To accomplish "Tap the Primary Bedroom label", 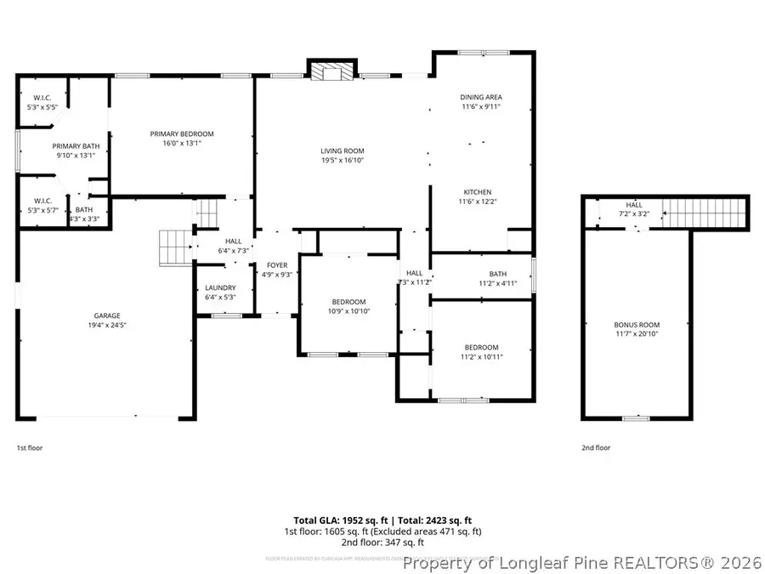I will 182,134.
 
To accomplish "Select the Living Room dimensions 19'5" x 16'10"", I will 343,161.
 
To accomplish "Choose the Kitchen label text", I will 477,192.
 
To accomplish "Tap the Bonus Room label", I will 637,325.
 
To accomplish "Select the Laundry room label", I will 220,287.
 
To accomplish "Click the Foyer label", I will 277,265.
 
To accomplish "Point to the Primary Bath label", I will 76,145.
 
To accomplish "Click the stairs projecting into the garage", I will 175,247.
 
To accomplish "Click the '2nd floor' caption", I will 596,447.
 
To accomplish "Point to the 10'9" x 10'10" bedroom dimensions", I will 348,311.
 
